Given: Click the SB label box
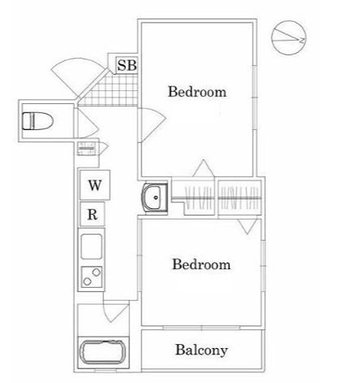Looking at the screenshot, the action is [127, 65].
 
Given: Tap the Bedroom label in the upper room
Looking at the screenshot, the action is [197, 92].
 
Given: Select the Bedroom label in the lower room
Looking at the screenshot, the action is [202, 264].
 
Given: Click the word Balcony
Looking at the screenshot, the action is [202, 350].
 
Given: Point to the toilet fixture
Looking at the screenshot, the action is [37, 121].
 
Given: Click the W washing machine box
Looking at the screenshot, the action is [95, 185].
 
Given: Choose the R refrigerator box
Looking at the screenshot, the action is [92, 215].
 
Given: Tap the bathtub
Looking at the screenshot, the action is [103, 352].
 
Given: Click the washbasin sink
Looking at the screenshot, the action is [155, 197].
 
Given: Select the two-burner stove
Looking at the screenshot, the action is [92, 277].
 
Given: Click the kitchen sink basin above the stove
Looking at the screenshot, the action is [92, 246].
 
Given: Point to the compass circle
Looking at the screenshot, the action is [288, 38].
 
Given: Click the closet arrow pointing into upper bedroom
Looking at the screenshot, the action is [203, 168].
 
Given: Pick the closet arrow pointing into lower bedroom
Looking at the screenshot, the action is [247, 226].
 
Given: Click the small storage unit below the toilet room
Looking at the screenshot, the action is [87, 149].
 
